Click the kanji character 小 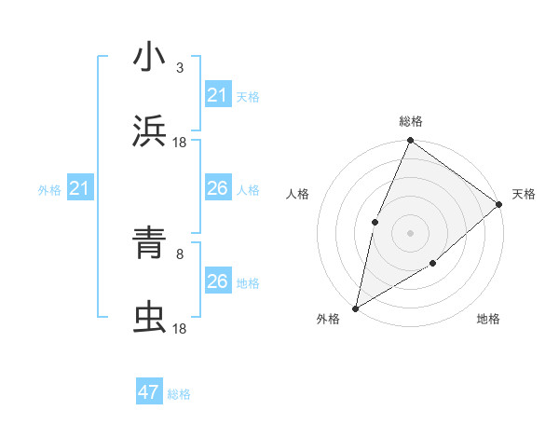pos(149,58)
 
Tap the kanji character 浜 pos(149,131)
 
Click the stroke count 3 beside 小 pos(180,67)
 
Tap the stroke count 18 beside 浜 pos(180,142)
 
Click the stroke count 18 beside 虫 pos(180,328)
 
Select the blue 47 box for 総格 pos(149,392)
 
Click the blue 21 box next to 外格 pos(80,189)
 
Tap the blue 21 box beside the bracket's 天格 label pos(217,95)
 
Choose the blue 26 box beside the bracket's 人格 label pos(217,188)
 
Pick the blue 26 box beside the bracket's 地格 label pos(217,281)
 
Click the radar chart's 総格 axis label pos(411,121)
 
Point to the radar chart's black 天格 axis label pos(524,194)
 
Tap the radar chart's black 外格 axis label pos(328,319)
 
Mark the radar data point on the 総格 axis pos(410,142)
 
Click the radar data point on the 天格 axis pos(498,204)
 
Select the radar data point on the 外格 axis pos(356,308)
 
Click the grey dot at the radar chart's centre pos(410,233)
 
